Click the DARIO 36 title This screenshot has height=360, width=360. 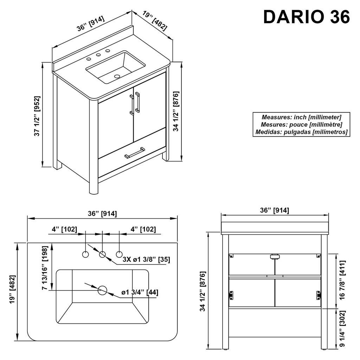point(307,17)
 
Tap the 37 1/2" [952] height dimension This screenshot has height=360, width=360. point(37,116)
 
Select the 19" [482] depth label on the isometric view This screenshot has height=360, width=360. point(155,21)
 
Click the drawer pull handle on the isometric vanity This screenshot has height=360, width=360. point(135,153)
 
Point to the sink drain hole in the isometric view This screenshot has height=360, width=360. point(117,76)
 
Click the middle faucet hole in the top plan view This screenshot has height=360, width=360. point(102,255)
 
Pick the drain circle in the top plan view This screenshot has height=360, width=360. point(102,290)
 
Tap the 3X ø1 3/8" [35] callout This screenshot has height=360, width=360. point(146,259)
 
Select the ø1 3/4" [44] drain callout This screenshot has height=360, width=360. point(140,292)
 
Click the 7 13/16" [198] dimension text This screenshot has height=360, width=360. point(45,268)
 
